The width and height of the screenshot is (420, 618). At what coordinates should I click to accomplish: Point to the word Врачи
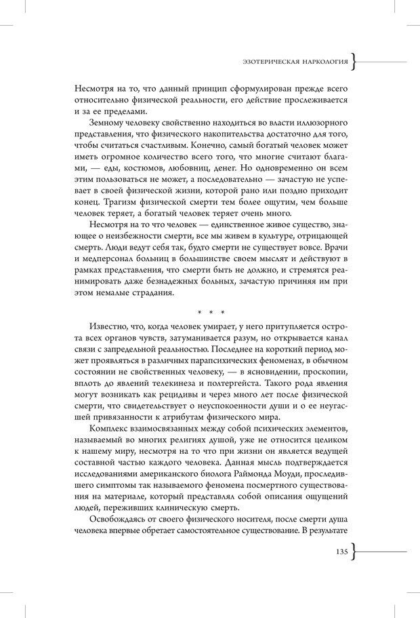point(335,247)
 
